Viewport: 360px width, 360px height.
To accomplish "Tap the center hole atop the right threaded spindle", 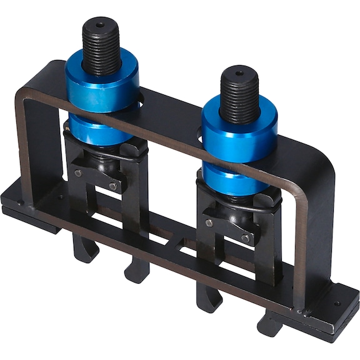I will [239, 74].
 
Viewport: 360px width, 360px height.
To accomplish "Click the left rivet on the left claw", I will [78, 173].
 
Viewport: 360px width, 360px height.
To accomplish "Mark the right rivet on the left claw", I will [112, 186].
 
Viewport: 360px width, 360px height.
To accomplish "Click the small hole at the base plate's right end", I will [337, 304].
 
